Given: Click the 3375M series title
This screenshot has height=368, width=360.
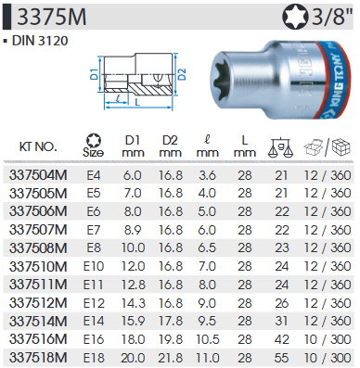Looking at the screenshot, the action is click(x=52, y=17).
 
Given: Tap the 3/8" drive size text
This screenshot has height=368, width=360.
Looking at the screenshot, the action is click(x=331, y=18).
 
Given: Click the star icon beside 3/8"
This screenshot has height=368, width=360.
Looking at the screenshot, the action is click(x=295, y=18).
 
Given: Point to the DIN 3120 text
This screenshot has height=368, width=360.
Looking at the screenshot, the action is click(x=40, y=41).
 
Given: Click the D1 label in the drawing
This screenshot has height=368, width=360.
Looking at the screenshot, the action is click(x=94, y=74).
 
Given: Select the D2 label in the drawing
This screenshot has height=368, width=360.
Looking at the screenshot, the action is click(x=183, y=74).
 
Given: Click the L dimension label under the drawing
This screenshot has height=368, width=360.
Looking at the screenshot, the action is click(x=138, y=102).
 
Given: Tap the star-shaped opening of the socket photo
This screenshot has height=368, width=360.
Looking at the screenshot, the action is click(x=224, y=78).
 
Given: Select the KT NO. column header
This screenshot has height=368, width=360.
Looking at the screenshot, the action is click(x=38, y=146).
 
